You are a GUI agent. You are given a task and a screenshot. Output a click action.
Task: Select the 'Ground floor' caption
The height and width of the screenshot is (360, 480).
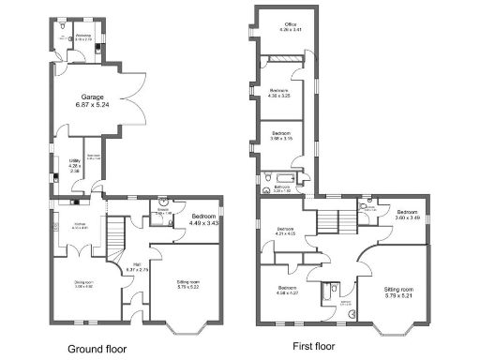click(x=97, y=347)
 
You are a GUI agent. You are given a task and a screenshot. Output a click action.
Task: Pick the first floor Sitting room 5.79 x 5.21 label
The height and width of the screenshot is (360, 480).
click(x=399, y=292)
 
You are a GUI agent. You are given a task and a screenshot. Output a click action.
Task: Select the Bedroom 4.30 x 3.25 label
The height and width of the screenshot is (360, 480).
click(x=280, y=93)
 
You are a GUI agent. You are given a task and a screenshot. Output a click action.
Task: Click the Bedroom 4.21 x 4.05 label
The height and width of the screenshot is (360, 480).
click(x=286, y=232)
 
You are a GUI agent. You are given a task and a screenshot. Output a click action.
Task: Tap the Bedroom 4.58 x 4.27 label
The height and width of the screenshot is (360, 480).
click(x=286, y=290)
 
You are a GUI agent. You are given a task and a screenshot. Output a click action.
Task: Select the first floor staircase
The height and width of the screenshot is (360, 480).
click(x=333, y=221)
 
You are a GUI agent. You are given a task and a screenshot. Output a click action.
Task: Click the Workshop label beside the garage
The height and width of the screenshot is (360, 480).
click(x=82, y=37)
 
